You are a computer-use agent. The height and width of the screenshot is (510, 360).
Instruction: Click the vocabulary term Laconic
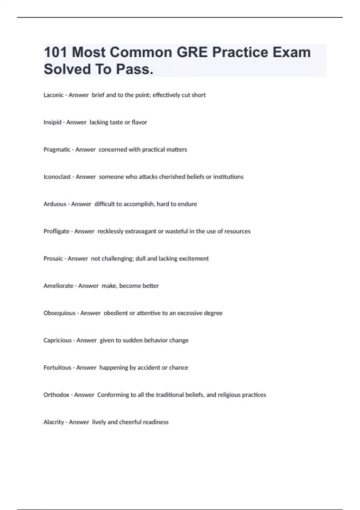(x=53, y=95)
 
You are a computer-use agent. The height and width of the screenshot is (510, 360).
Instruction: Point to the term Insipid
(x=52, y=122)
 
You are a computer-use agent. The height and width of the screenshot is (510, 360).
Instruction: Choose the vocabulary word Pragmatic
(x=57, y=150)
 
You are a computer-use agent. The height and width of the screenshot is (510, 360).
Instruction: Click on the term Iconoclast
(x=57, y=177)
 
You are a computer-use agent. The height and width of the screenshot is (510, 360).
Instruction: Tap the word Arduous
(x=55, y=204)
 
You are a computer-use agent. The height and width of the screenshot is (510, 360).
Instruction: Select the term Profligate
(x=56, y=231)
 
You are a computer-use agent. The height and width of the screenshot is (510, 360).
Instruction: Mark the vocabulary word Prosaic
(x=53, y=259)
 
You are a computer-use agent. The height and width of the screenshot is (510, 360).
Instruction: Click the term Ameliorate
(x=58, y=286)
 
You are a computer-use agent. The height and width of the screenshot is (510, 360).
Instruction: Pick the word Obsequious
(x=59, y=313)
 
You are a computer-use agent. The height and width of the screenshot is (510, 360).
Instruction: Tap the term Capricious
(x=57, y=340)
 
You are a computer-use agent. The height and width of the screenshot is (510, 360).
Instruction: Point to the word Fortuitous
(x=57, y=368)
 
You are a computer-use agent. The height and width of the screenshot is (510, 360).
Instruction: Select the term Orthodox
(x=56, y=395)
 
